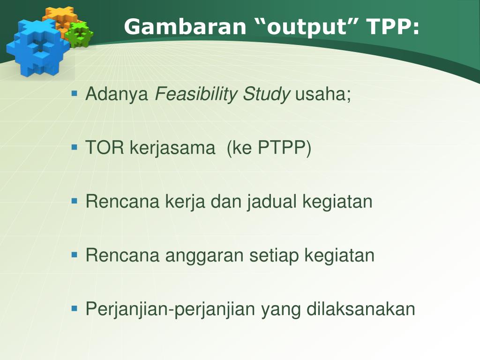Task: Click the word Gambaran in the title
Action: pos(185,26)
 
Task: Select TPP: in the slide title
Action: pos(393,26)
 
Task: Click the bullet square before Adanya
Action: pos(75,93)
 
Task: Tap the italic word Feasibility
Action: pos(195,94)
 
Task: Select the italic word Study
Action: pos(266,94)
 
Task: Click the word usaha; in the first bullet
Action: pos(322,94)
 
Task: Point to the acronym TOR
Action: pos(105,148)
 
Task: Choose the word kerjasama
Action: pos(172,148)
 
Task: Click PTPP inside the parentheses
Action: pos(282,148)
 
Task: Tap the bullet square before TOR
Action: pos(75,147)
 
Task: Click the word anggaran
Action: pos(204,256)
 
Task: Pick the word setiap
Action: pos(274,255)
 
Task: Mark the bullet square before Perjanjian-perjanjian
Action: pos(75,308)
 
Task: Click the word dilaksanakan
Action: pos(360,308)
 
